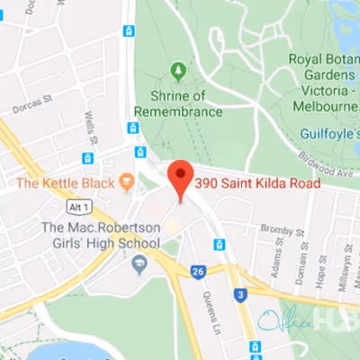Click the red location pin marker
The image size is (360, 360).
click(181, 179)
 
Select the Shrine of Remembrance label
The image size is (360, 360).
click(178, 103)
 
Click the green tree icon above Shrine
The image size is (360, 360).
click(178, 70)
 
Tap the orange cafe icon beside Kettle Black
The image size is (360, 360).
click(127, 183)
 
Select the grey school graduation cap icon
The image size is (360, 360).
click(139, 264)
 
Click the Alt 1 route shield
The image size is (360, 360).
click(81, 208)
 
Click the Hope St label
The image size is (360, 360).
click(322, 275)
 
